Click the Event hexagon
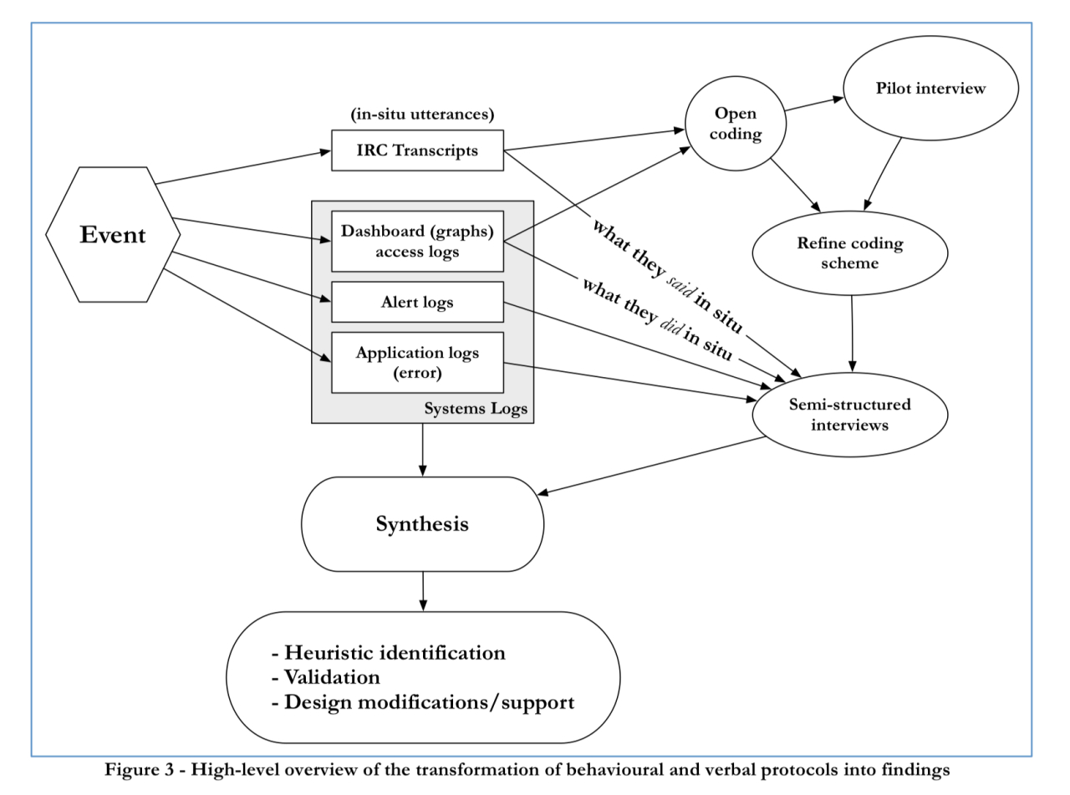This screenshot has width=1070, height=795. click(x=113, y=235)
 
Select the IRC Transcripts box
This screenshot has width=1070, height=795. click(x=417, y=150)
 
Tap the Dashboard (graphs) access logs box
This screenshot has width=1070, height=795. click(x=417, y=242)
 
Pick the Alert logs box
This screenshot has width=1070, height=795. click(x=417, y=302)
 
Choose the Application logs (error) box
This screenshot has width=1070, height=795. click(x=417, y=362)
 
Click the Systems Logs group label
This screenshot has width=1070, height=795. click(x=476, y=410)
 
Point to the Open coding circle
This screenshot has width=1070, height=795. click(x=736, y=123)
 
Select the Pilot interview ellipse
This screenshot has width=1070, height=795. click(x=930, y=89)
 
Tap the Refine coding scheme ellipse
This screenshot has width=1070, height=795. click(x=850, y=252)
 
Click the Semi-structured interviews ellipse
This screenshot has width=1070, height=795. click(x=850, y=415)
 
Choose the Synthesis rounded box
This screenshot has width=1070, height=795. click(x=422, y=524)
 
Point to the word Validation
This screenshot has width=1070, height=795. click(x=332, y=676)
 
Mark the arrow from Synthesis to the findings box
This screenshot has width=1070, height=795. click(x=423, y=591)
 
